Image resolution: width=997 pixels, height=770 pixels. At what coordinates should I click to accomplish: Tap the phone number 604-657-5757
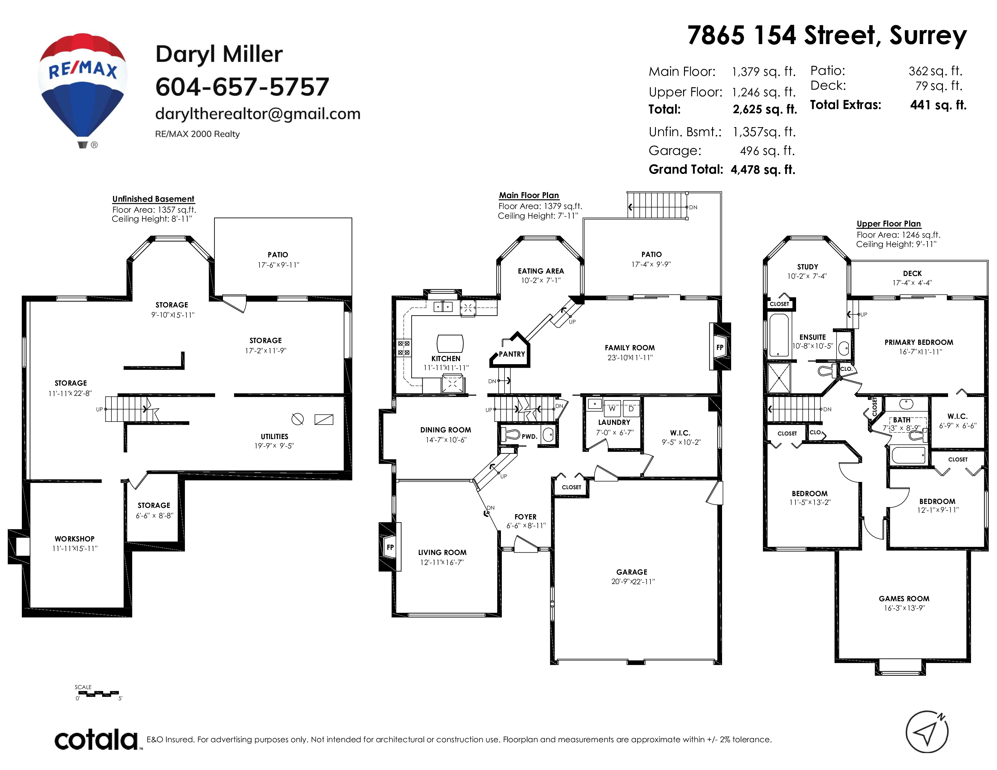[242, 87]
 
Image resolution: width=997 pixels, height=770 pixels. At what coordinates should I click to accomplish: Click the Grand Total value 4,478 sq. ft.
[763, 170]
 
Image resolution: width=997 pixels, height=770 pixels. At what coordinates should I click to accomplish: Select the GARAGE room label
[632, 572]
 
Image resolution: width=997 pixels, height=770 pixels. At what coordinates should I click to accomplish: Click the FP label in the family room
[720, 347]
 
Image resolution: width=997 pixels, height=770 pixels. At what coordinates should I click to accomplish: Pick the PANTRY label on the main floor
[512, 354]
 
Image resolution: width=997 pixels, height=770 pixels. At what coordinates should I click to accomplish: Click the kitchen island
[450, 343]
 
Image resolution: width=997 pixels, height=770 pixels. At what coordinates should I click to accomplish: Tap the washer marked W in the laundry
[612, 409]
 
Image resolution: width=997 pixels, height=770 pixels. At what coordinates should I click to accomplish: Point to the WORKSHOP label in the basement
[74, 539]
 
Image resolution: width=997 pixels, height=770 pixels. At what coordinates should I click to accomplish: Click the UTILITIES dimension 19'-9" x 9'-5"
[274, 446]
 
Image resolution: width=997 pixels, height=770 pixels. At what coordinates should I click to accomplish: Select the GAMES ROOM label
[904, 598]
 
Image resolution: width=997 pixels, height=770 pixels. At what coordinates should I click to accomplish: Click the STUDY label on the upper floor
[808, 267]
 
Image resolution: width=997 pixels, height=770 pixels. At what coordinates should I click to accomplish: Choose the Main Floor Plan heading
[529, 195]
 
